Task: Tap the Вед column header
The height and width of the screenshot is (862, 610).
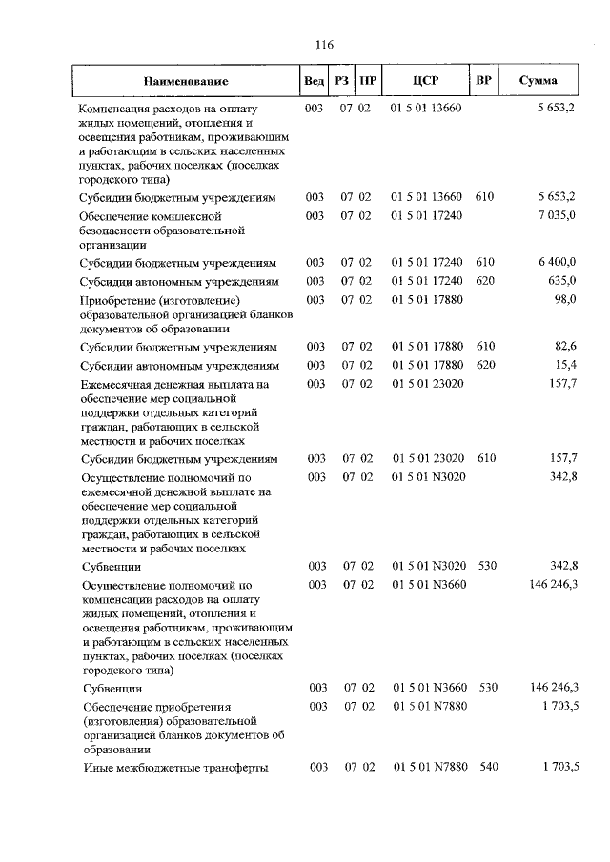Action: pyautogui.click(x=313, y=81)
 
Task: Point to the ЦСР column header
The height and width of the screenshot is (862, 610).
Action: pyautogui.click(x=425, y=81)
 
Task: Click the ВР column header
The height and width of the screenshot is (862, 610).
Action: pyautogui.click(x=483, y=81)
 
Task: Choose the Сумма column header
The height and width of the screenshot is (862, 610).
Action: pyautogui.click(x=539, y=81)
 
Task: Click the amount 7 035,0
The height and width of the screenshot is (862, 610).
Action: pyautogui.click(x=558, y=216)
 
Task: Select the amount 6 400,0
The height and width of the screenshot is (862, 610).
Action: pyautogui.click(x=558, y=262)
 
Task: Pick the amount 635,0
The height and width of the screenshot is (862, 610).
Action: pyautogui.click(x=562, y=281)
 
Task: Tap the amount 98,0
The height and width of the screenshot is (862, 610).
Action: pyautogui.click(x=566, y=300)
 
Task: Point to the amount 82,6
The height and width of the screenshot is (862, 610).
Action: pyautogui.click(x=566, y=346)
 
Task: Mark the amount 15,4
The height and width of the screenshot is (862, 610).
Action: pyautogui.click(x=566, y=365)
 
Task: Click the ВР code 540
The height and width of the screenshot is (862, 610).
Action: pyautogui.click(x=487, y=767)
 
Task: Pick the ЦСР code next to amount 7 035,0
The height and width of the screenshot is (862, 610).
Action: pyautogui.click(x=426, y=216)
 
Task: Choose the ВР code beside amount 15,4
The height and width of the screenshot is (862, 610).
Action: pyautogui.click(x=487, y=365)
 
